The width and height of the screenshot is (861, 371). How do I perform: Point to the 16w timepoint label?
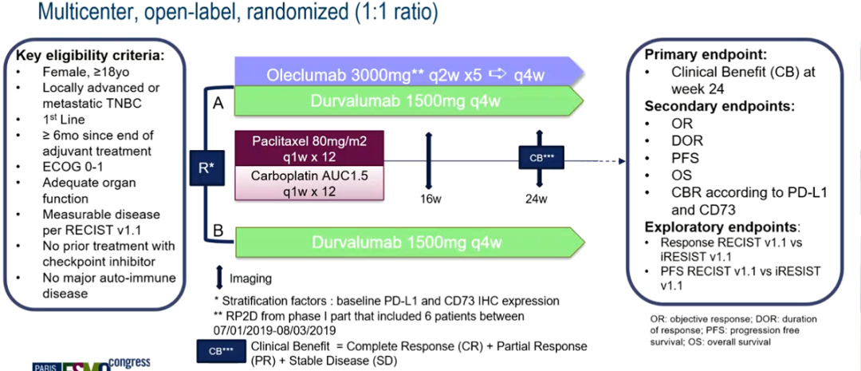point(431,199)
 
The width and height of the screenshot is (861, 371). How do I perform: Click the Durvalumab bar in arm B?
point(407,242)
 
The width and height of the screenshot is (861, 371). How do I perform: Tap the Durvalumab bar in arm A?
point(407,102)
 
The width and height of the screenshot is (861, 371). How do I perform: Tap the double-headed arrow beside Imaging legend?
point(220,278)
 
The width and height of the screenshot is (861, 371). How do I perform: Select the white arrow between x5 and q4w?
point(500,74)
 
